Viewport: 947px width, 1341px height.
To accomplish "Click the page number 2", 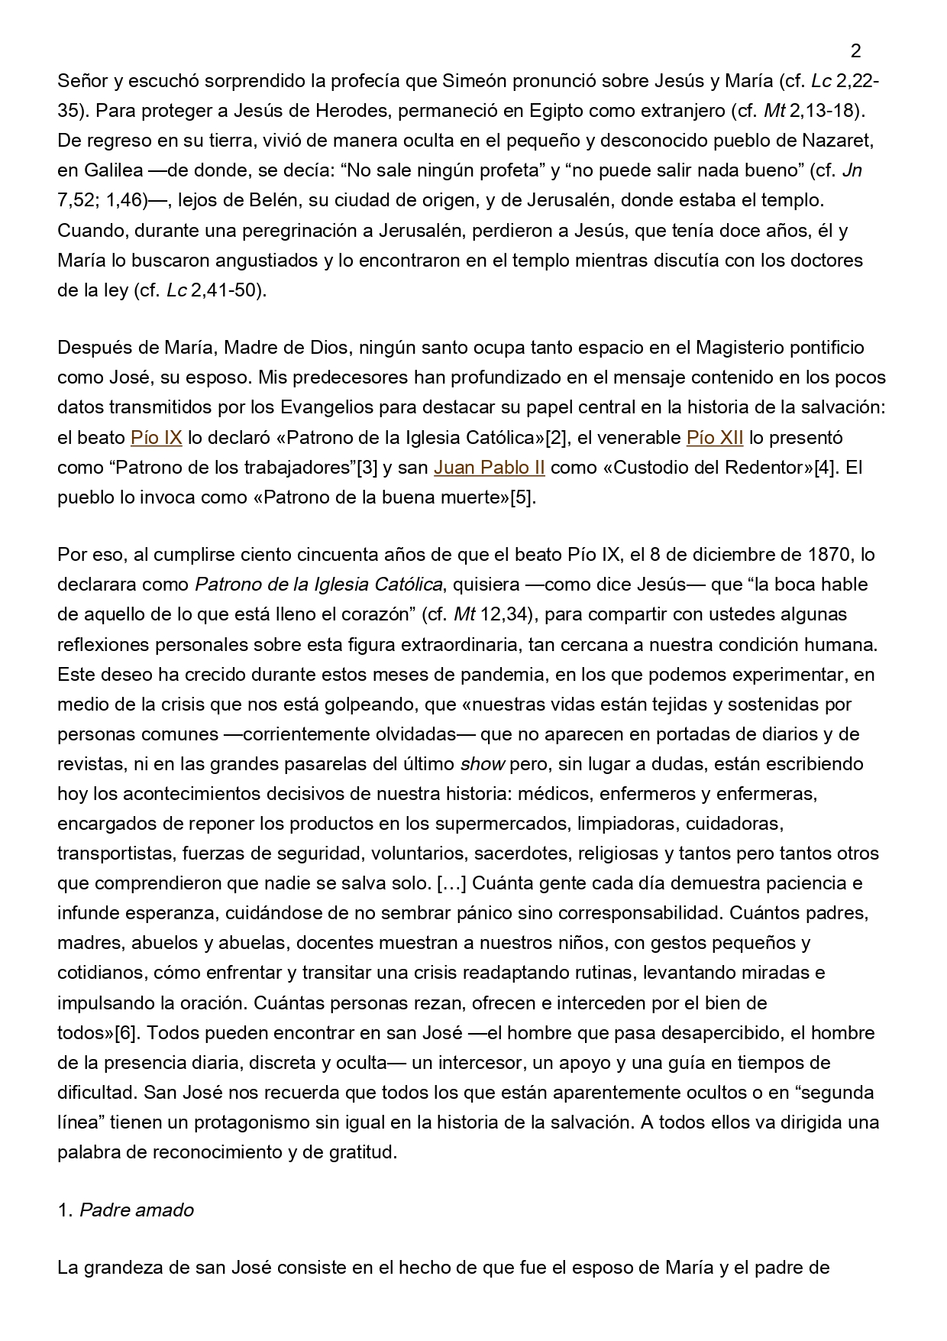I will [855, 51].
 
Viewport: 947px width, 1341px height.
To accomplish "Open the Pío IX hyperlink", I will [156, 438].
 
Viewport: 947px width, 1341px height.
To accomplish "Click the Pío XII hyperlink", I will [715, 438].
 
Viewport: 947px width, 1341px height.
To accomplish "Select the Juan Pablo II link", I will [489, 468].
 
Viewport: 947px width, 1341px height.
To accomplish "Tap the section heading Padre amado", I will [137, 1210].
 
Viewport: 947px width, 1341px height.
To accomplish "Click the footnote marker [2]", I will [555, 438].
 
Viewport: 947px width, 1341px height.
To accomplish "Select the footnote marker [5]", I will [523, 497].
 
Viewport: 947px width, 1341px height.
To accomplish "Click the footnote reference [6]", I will [126, 1033].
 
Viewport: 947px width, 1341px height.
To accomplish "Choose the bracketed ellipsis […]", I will [450, 883].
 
